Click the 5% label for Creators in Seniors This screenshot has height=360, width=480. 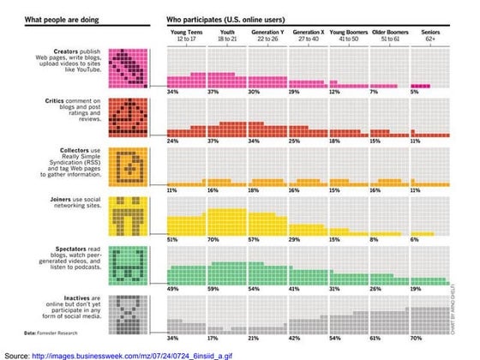tap(415, 92)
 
